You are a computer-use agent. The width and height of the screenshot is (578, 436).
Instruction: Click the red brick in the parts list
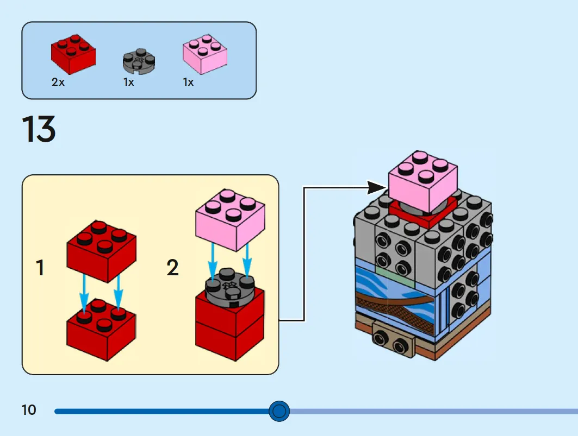(x=73, y=54)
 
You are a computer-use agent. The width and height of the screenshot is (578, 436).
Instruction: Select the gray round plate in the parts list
(x=139, y=60)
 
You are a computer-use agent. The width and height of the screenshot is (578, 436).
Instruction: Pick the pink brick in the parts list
(x=205, y=54)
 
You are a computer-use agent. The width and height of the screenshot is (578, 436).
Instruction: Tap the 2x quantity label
(x=58, y=82)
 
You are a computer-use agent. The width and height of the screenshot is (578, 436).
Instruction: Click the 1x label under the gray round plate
(x=129, y=82)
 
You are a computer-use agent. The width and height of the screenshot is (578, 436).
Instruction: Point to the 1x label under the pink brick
(x=188, y=82)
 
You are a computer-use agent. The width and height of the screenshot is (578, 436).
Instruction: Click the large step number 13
(x=39, y=129)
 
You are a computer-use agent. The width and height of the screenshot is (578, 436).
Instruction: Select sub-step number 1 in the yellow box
(x=40, y=267)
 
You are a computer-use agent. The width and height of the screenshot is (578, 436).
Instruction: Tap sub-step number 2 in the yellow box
(x=172, y=267)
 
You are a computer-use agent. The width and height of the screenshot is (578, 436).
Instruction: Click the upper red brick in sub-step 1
(x=102, y=251)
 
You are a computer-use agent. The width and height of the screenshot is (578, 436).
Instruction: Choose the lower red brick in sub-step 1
(x=101, y=330)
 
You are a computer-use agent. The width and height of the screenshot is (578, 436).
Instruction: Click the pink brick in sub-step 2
(x=230, y=220)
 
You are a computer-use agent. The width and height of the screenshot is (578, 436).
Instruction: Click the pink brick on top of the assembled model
(x=423, y=181)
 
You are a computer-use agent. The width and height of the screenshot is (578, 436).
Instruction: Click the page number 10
(x=29, y=410)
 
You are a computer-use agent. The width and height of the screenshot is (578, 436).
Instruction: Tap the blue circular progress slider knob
(x=279, y=411)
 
